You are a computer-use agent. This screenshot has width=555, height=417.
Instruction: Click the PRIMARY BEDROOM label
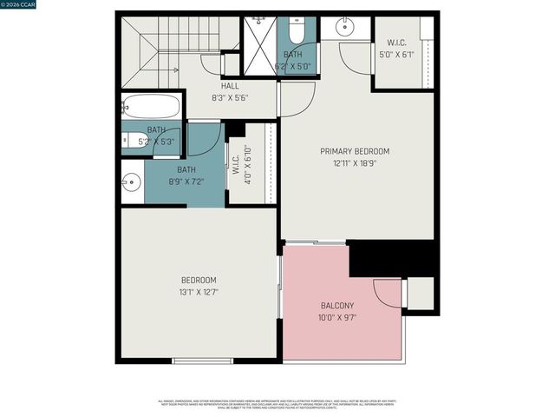[x=355, y=151]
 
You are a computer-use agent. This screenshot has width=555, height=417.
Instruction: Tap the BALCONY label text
[x=336, y=306]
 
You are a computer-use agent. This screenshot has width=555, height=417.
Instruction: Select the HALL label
[x=230, y=86]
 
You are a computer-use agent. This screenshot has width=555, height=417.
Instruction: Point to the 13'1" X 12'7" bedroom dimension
[x=199, y=292]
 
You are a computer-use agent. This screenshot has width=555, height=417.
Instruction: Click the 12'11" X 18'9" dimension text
[x=355, y=163]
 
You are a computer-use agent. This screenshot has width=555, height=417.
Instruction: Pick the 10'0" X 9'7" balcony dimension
[x=336, y=318]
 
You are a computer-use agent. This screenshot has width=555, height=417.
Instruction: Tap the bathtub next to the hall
[x=152, y=106]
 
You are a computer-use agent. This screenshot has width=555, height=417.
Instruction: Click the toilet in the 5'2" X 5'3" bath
[x=132, y=141]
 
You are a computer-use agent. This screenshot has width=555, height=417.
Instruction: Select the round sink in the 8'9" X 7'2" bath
[x=131, y=182]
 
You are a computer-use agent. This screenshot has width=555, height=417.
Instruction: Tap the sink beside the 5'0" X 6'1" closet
[x=344, y=27]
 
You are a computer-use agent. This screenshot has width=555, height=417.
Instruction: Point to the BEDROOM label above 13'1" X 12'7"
[x=199, y=280]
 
